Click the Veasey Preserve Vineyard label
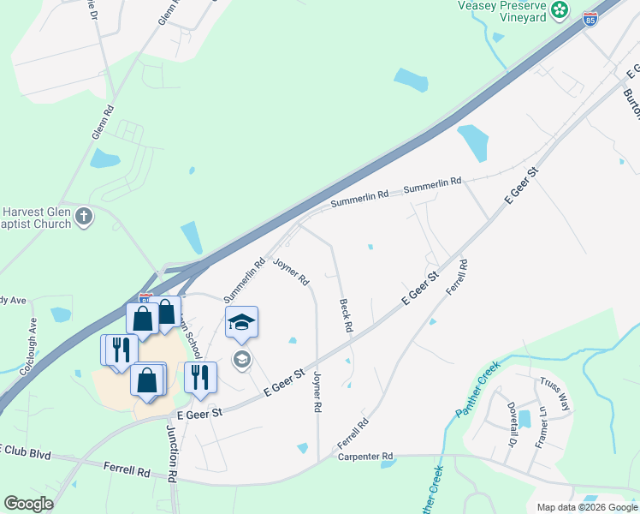point(500,10)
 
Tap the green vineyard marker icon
point(560,10)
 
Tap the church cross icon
point(84,216)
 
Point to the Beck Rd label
point(347,314)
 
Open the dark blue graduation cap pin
point(242,322)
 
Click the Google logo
point(28,504)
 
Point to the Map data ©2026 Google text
point(586,506)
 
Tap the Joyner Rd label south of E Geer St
point(317,392)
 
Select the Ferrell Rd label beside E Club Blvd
point(126,470)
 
